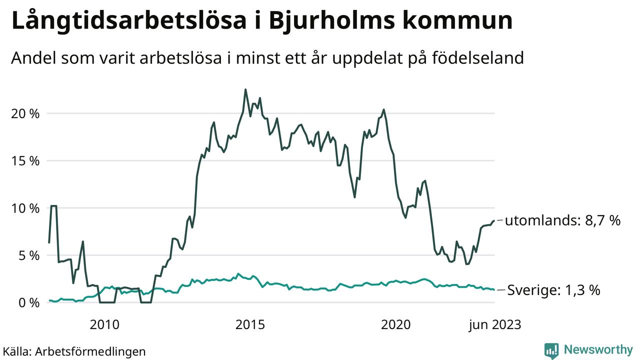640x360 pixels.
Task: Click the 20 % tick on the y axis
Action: (25, 113)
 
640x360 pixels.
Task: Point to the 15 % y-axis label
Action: (25, 161)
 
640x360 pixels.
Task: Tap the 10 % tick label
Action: (25, 208)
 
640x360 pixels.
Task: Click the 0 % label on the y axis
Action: (28, 303)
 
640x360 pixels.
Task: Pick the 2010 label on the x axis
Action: (104, 325)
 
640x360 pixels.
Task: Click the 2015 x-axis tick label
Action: (250, 325)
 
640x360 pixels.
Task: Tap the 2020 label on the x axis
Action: (396, 325)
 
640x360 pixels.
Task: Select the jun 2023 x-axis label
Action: (494, 325)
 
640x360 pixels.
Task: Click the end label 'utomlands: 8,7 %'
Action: (562, 220)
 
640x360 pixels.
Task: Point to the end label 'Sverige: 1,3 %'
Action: (553, 290)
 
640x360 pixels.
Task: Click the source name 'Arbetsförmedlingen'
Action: (90, 351)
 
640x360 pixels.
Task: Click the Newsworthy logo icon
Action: (551, 350)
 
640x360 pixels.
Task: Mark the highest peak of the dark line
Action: (245, 89)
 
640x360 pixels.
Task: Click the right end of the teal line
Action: (494, 289)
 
